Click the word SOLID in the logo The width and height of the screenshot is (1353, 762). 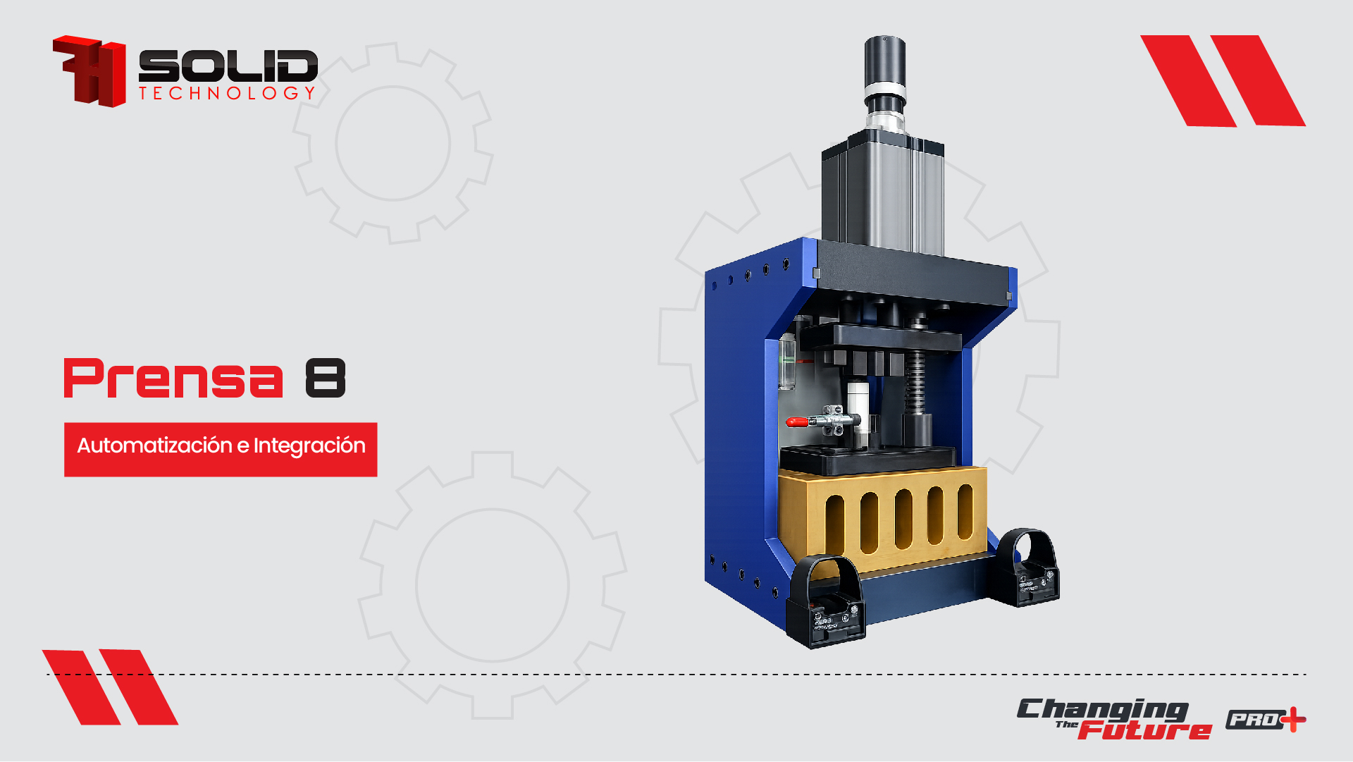[228, 66]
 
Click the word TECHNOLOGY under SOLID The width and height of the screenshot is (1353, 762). [227, 94]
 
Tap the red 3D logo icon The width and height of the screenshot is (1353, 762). [89, 71]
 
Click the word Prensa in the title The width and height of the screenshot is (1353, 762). [173, 379]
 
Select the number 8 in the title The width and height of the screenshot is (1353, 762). [326, 379]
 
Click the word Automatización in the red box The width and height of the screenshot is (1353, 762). [154, 445]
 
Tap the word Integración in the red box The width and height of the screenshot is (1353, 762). [309, 447]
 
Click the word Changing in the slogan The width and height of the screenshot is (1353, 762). [1103, 710]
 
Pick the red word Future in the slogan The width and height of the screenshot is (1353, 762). [1144, 730]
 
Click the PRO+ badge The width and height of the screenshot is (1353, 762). [1266, 720]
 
